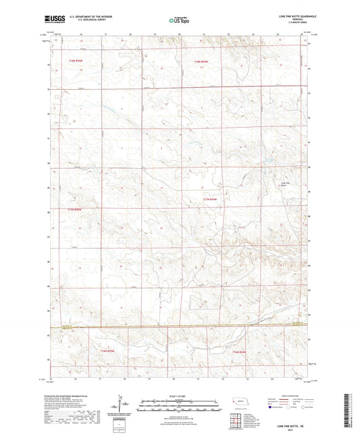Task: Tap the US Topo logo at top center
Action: [178, 21]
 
